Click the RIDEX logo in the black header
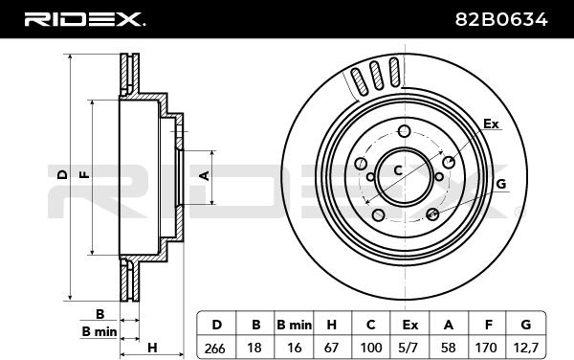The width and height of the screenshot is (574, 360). pos(84,19)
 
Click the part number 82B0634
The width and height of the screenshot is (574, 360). pos(501,19)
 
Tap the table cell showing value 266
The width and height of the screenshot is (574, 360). pos(216,348)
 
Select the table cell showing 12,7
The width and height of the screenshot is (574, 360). pos(525,348)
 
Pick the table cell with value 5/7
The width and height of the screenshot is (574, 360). pos(410,348)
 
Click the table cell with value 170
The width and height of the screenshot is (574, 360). pos(487,348)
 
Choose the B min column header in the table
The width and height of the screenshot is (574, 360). pos(294,325)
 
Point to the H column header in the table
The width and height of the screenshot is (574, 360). pos(332,325)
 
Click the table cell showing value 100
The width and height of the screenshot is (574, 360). pos(371,348)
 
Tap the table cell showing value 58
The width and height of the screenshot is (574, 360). pos(449,348)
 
